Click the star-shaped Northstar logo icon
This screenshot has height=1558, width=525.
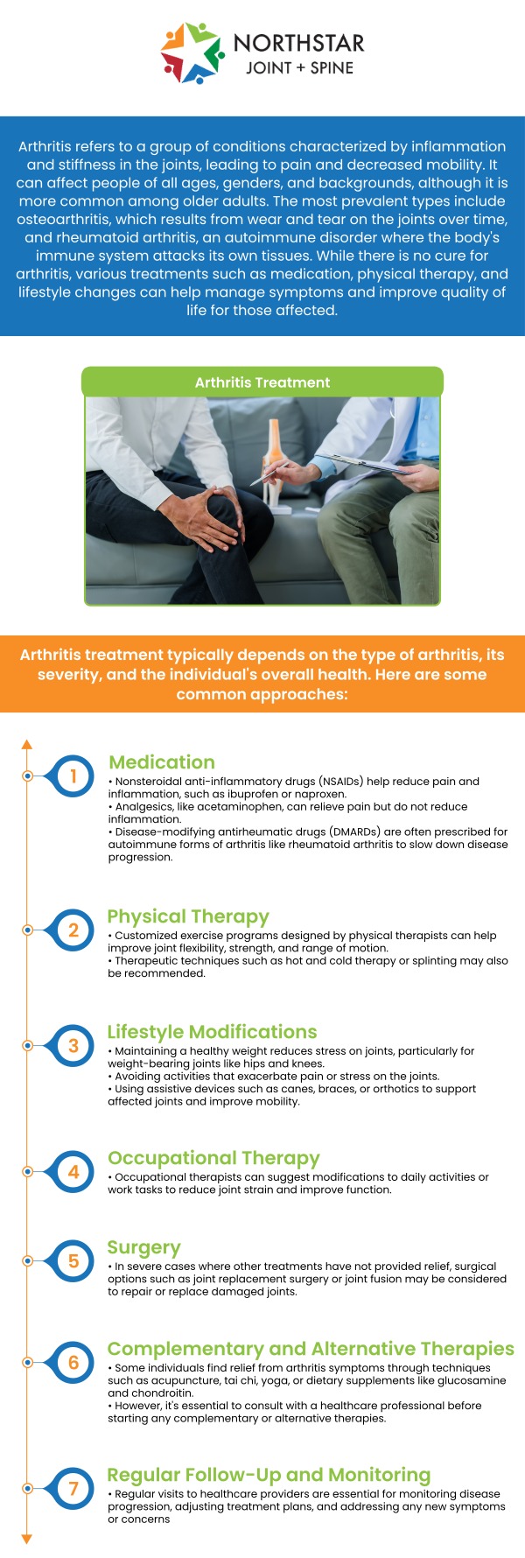(x=192, y=53)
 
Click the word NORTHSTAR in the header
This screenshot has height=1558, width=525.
(x=298, y=43)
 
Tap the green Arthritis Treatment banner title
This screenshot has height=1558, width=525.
(x=262, y=382)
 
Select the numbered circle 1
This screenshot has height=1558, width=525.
(x=73, y=775)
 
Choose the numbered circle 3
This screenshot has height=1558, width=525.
(x=73, y=1045)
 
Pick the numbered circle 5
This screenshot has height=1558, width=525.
(x=73, y=1260)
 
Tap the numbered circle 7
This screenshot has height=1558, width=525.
(x=73, y=1488)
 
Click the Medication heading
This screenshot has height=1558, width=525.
(x=162, y=762)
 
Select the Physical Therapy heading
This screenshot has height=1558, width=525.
(x=188, y=916)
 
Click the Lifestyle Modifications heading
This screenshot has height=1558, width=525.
(x=212, y=1032)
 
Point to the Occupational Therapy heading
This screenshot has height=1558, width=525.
(x=213, y=1158)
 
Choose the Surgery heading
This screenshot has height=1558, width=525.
(x=143, y=1247)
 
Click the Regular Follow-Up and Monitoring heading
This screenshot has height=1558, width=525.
(x=269, y=1475)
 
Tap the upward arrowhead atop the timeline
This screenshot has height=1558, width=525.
(x=27, y=744)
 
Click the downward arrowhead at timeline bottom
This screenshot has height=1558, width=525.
(x=27, y=1539)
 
